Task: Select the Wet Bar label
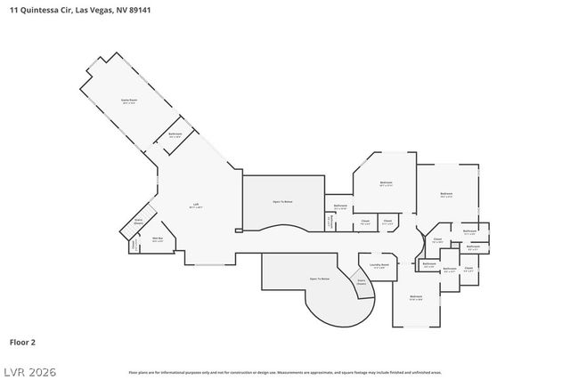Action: tap(158, 239)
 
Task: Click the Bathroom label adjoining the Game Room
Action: tap(175, 135)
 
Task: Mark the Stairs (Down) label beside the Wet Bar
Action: tap(139, 222)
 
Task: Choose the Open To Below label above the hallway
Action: tap(284, 202)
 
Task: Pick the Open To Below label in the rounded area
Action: tap(320, 279)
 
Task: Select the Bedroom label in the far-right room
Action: tap(446, 194)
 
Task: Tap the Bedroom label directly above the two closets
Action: tap(386, 184)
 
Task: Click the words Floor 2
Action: tap(22, 341)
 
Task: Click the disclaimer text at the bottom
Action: tap(284, 371)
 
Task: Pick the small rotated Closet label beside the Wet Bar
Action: tap(134, 244)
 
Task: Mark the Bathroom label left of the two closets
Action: tap(340, 206)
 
